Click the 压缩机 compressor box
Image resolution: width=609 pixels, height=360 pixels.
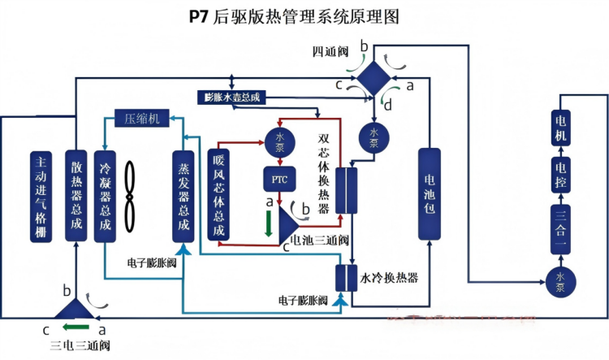pos(141,118)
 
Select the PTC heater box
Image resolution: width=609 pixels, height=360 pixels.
pos(279,176)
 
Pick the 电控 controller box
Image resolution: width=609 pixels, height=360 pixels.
pos(560,171)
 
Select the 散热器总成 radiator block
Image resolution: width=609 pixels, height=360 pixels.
pos(76,196)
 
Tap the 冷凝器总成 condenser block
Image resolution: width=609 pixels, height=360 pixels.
pos(105,196)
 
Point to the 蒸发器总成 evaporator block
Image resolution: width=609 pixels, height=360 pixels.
pos(183,196)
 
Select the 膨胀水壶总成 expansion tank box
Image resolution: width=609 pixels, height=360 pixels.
pos(231,98)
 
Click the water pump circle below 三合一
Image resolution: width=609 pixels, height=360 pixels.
pos(559,278)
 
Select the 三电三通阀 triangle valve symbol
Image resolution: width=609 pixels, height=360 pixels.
pos(71,310)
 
